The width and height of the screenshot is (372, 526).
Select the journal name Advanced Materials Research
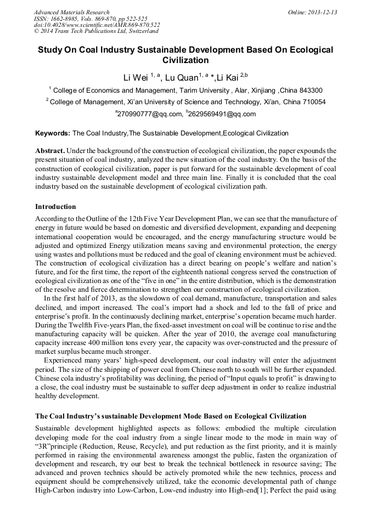72,12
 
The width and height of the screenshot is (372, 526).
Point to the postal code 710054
313,102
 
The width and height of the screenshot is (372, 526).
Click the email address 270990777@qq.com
150,114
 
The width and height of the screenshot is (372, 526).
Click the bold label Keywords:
53,133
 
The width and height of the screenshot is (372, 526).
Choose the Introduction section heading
55,207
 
